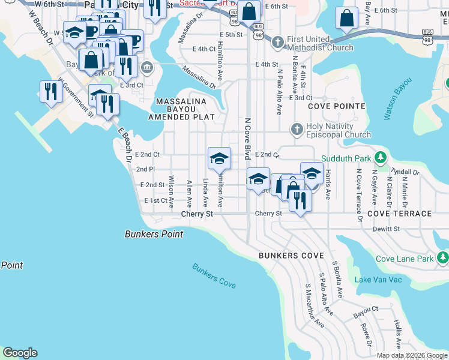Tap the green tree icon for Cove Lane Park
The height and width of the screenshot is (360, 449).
(442, 258)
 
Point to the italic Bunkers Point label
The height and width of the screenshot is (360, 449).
(154, 234)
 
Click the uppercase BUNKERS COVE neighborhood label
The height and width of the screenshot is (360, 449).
(287, 256)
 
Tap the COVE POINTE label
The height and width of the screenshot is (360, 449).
(336, 106)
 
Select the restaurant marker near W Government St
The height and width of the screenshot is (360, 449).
(49, 92)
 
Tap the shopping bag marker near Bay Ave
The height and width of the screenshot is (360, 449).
(346, 19)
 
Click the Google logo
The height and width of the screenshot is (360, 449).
(20, 353)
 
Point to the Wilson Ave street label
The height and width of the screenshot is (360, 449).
(171, 188)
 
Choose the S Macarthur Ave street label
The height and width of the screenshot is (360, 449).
(315, 306)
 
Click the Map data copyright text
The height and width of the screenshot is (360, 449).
(412, 355)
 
